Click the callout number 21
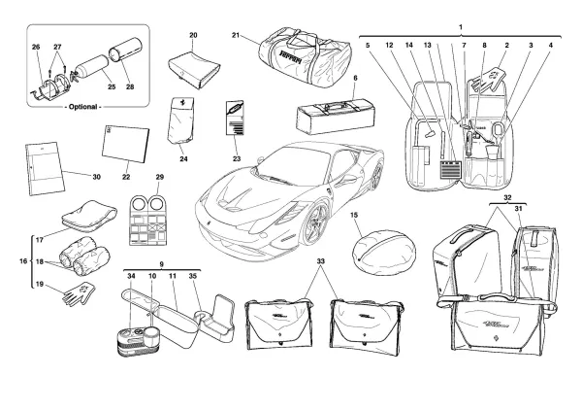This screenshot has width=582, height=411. (236, 36)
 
